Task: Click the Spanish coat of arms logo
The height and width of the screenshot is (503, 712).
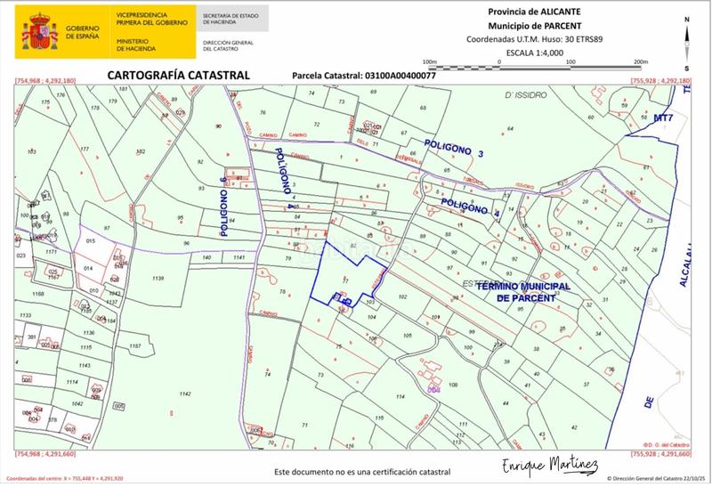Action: [38, 33]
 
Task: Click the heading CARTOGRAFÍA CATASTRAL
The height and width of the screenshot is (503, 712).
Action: [178, 76]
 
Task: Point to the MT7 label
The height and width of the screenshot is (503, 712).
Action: [664, 118]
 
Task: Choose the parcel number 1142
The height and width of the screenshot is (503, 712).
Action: [185, 393]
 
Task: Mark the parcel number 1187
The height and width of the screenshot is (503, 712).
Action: [135, 345]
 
